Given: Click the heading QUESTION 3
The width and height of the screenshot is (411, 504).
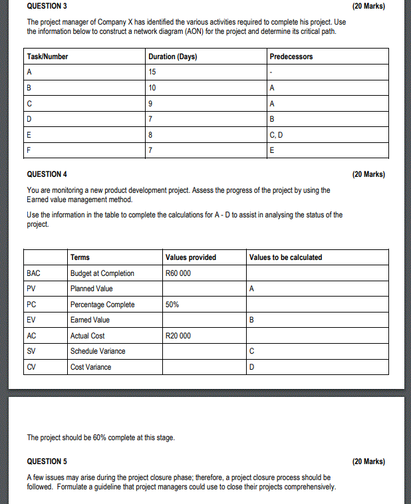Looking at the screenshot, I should [x=47, y=7].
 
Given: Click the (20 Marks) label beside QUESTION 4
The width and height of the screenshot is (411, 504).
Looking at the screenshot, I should [x=368, y=174].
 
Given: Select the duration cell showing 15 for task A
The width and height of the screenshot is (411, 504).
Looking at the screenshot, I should [x=153, y=72].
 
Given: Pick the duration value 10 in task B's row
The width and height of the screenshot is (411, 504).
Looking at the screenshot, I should [x=153, y=88].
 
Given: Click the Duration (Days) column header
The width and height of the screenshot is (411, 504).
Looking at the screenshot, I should [x=173, y=57].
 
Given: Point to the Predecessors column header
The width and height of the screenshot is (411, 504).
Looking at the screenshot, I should [x=291, y=57].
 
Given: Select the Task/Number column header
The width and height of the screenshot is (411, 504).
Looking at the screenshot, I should [x=47, y=57].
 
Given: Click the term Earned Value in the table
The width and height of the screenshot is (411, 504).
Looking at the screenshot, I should [x=90, y=320].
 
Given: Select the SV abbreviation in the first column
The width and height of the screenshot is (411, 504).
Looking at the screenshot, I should [x=31, y=351].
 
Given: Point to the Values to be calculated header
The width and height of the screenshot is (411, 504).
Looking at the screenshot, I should [x=285, y=257].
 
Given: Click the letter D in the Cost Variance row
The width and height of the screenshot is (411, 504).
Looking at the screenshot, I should [x=251, y=367].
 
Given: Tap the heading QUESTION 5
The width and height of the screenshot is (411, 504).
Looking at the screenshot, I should [x=47, y=461].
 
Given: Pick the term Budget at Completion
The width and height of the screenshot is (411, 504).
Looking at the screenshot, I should [x=102, y=273].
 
